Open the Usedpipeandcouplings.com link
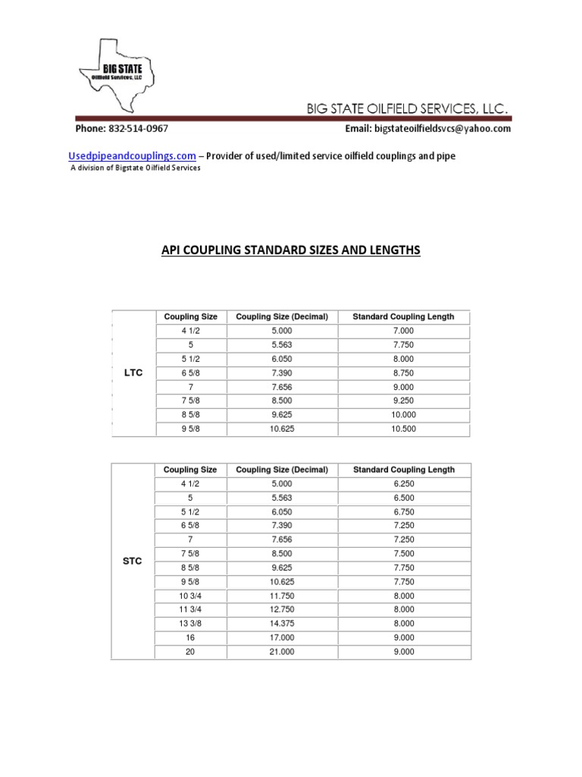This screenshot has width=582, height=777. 133,156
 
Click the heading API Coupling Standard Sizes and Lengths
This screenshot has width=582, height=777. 291,250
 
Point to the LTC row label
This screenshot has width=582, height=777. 133,373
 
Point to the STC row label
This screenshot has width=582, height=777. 133,561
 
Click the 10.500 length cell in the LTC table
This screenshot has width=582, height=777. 403,429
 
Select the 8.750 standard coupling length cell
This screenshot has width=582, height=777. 403,373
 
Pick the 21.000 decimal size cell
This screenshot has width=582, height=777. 282,652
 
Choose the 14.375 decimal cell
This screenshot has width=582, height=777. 282,624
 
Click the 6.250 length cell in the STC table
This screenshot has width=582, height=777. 403,483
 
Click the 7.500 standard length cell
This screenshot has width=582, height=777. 403,553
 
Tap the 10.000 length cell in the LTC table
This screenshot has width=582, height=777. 403,414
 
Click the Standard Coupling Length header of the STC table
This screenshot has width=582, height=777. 403,470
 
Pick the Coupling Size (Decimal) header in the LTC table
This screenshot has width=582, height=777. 282,316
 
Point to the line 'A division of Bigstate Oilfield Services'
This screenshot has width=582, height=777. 136,168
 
